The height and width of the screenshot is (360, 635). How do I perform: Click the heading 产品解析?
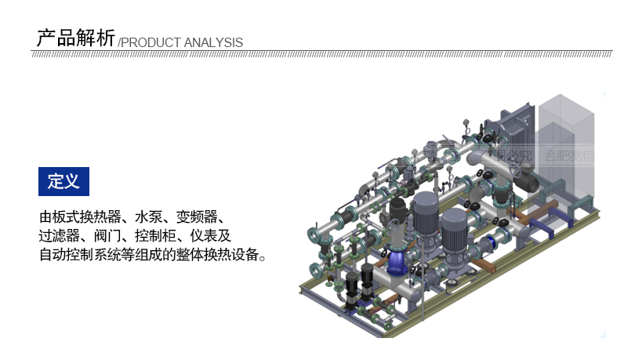pos(75,38)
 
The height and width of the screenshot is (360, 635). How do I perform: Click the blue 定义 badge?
pos(63,182)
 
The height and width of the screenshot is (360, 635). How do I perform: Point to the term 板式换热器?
pos(89,216)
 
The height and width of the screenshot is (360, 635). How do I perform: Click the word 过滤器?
pos(59,235)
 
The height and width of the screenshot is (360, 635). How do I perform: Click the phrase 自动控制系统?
pos(78,255)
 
